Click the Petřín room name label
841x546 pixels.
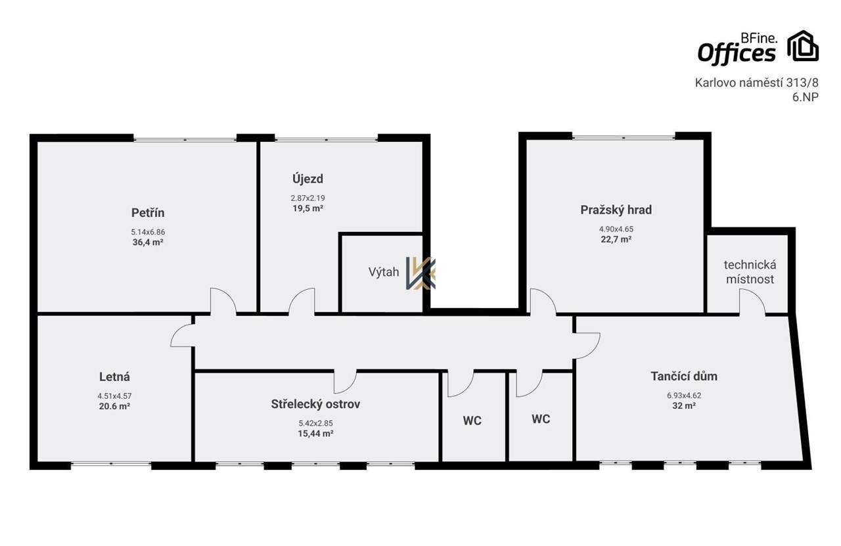point(148,213)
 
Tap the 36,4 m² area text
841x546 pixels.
point(148,242)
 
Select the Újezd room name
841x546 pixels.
point(308,179)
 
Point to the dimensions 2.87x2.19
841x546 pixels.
point(308,198)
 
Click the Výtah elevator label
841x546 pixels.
point(384,272)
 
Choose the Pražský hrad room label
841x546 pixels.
point(616,210)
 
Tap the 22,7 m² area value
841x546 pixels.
point(616,239)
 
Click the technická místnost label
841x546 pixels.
point(750,272)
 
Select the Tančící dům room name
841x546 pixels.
point(684,376)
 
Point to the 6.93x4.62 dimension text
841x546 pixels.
point(684,396)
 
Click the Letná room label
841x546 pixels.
point(114,376)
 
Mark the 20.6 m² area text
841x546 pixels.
point(114,406)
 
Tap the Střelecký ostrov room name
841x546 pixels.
point(316,404)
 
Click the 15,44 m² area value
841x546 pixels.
point(316,434)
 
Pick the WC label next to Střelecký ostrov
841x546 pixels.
point(472,421)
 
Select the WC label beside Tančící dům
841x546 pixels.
point(541,419)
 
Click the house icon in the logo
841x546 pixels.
point(803,45)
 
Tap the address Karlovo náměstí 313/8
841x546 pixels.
point(756,83)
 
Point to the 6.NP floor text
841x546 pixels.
point(806,97)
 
